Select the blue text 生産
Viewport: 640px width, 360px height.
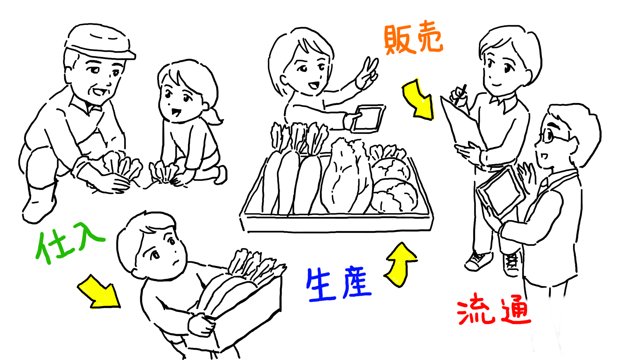pyautogui.click(x=339, y=284)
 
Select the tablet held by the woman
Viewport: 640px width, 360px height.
pyautogui.click(x=368, y=119)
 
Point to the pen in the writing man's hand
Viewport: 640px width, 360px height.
pyautogui.click(x=461, y=94)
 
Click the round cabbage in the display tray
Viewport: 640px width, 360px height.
pyautogui.click(x=394, y=196)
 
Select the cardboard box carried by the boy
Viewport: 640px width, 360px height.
pyautogui.click(x=244, y=311)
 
